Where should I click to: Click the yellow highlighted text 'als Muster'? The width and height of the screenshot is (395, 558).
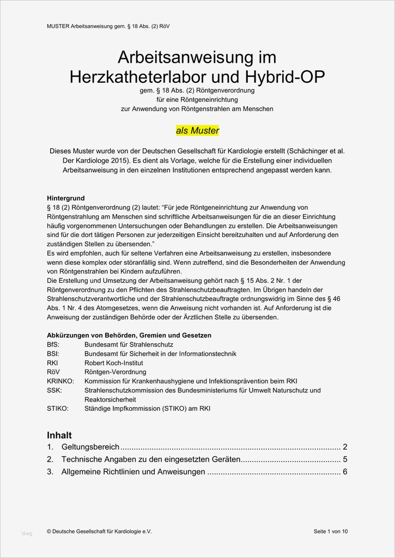pos(197,131)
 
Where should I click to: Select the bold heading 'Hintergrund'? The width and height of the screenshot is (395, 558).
pos(66,198)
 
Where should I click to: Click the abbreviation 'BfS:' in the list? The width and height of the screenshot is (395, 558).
pos(53,345)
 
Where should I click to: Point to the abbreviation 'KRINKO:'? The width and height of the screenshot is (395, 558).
pos(60,381)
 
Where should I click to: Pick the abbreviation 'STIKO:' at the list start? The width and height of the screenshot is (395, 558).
pos(58,408)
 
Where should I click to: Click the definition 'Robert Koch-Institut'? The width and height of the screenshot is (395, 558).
pos(113,363)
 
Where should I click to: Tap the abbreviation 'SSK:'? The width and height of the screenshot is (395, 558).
pos(54,390)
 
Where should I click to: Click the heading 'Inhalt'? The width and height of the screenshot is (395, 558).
pos(59,435)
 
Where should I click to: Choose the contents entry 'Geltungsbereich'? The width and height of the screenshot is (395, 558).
pos(90,447)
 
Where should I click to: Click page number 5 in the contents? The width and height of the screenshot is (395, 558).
pos(345,459)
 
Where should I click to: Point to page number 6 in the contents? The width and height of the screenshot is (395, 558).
pos(345,472)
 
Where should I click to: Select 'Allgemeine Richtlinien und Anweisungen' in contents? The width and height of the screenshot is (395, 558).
pos(133,472)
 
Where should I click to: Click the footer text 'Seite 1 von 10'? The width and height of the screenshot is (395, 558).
pos(331,531)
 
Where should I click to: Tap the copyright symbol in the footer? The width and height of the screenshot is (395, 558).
pos(50,531)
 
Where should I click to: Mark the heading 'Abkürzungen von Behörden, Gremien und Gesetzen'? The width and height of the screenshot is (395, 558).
pos(129,335)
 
